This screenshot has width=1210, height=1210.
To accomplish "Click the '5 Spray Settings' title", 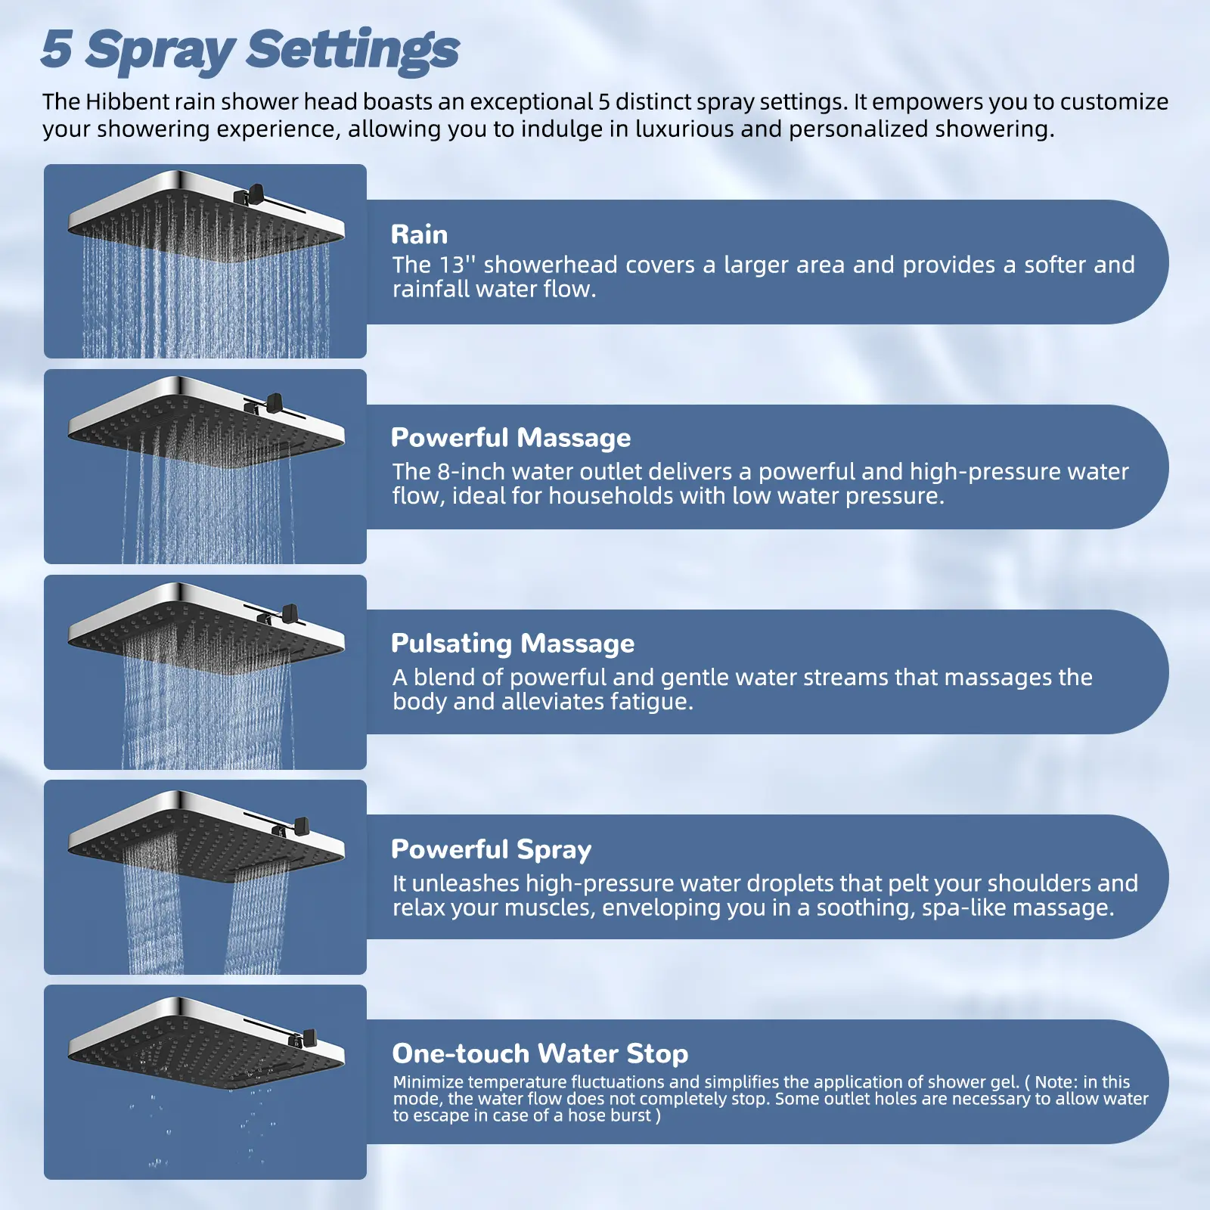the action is click(250, 50).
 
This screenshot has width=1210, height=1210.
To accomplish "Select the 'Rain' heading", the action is click(419, 234).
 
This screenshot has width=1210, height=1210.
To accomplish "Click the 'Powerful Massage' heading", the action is click(511, 438).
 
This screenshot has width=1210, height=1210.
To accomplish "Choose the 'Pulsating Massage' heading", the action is click(513, 644).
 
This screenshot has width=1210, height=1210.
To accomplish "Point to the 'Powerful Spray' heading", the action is click(492, 849).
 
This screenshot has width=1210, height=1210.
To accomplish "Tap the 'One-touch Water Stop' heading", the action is click(541, 1053).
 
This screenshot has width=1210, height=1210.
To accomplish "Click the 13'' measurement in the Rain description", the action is click(458, 265).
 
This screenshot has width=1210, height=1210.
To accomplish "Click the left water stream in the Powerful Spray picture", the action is click(154, 915).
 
